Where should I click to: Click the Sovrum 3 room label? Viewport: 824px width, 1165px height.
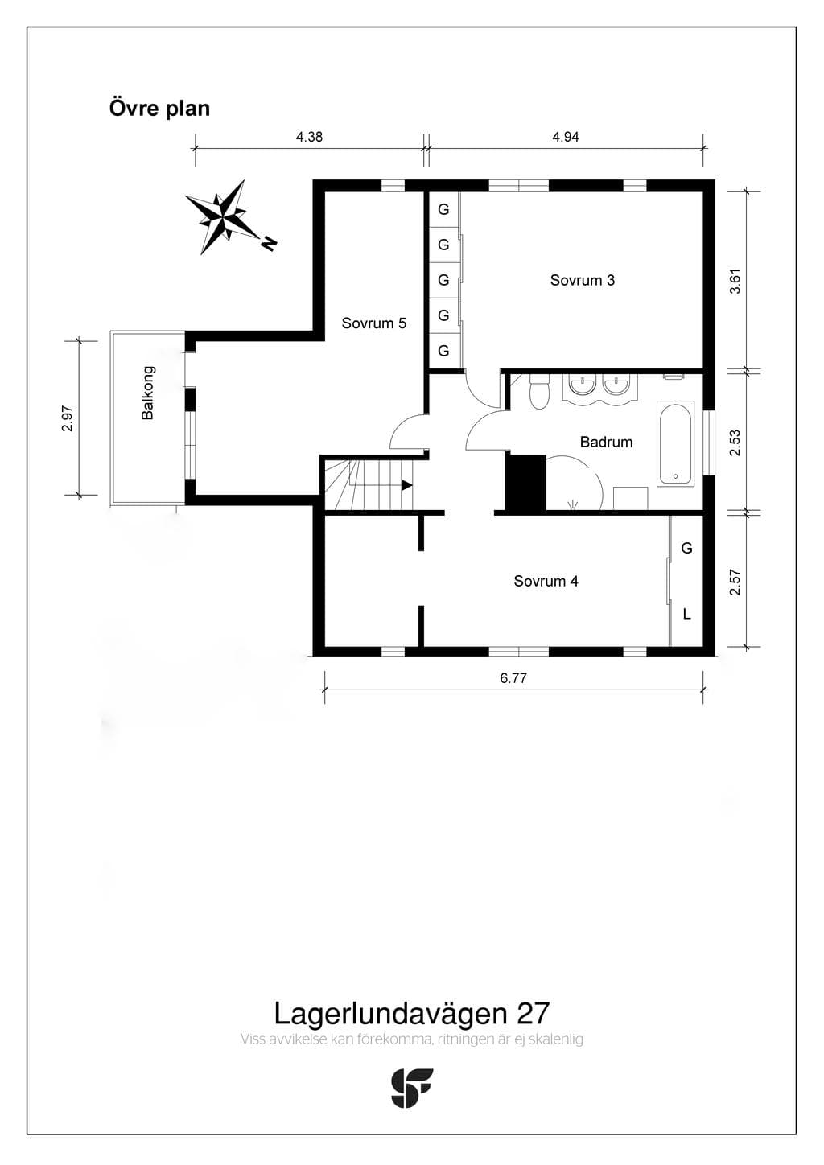582,280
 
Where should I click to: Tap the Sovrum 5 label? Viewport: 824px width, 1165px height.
373,323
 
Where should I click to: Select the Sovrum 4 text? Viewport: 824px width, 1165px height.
546,581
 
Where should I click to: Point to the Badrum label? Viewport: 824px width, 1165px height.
606,442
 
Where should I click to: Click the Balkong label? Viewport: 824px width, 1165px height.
148,393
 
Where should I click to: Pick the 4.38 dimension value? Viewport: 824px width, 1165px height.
309,137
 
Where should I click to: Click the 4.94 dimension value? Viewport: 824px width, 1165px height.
566,137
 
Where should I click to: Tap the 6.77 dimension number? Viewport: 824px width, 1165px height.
513,678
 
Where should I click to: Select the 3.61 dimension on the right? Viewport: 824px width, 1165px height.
735,281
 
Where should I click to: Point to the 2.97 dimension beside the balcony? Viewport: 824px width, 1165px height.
67,418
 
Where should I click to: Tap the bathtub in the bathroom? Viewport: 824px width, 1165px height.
675,443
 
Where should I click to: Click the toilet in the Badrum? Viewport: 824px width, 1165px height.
538,390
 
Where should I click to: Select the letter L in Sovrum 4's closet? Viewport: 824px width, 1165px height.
686,614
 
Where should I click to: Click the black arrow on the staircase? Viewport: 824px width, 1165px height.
406,485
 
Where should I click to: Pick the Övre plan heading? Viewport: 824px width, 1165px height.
159,109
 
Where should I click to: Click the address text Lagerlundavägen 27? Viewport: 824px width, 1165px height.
411,1014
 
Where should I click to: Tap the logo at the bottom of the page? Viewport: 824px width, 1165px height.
411,1089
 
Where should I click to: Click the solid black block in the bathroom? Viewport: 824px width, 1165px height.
526,484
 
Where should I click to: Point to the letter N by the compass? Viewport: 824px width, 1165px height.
269,243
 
